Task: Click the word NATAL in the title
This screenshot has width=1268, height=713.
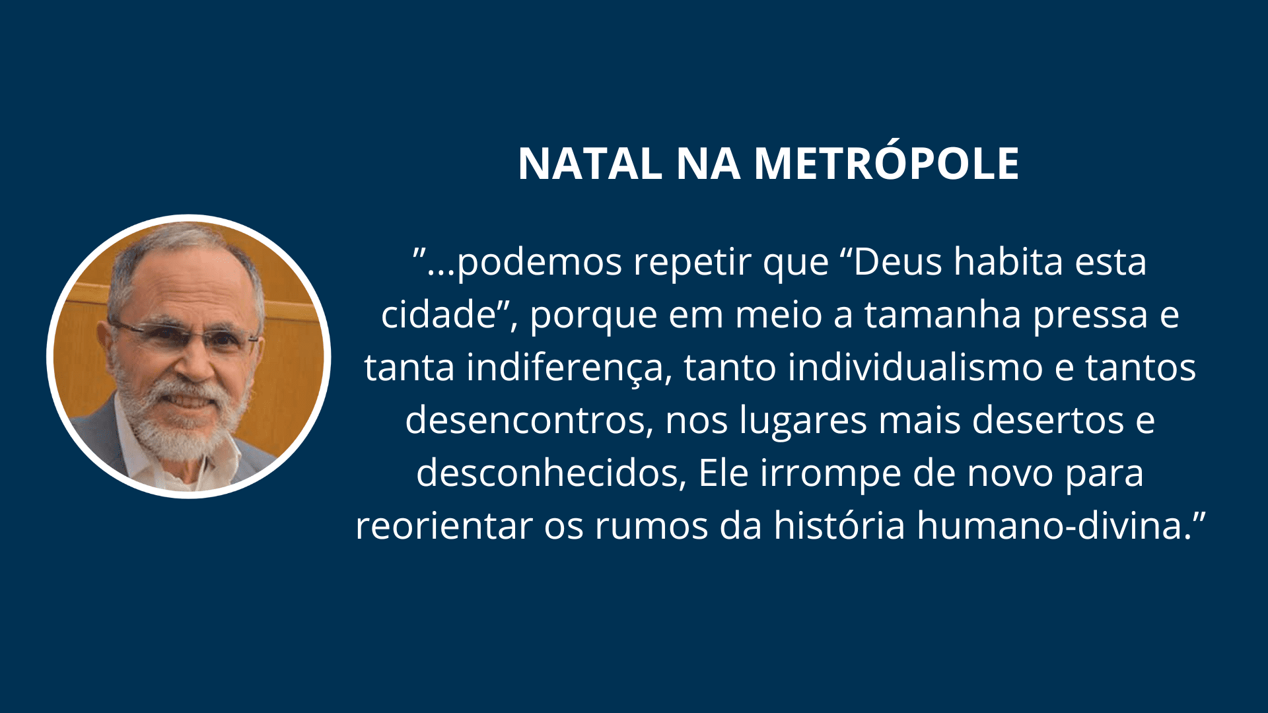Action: pos(590,163)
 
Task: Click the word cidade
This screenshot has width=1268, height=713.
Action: pos(439,314)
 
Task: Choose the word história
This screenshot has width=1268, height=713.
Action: pos(839,526)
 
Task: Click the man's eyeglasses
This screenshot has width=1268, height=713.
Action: pos(186,336)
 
